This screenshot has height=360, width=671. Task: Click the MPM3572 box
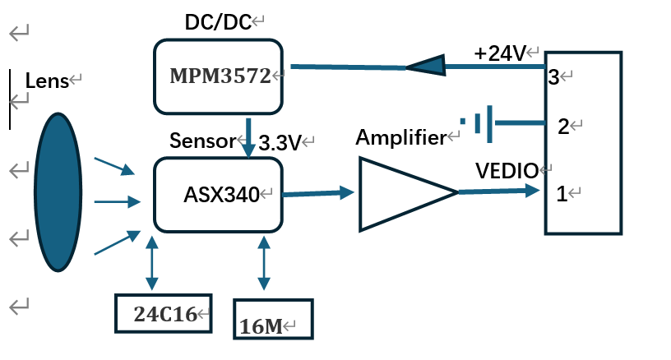[218, 76]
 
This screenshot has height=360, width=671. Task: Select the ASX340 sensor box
[218, 194]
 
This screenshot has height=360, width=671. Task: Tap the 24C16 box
[163, 313]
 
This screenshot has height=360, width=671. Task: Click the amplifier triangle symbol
[399, 193]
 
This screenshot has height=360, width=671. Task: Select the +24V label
[499, 53]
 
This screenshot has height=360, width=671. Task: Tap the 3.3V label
[280, 142]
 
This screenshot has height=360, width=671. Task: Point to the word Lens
[46, 81]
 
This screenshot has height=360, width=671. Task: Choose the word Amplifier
[400, 138]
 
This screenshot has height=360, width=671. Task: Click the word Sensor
[201, 140]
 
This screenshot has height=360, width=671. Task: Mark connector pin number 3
[553, 77]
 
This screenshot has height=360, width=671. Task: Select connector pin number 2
[562, 127]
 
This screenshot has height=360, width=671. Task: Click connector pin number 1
[562, 195]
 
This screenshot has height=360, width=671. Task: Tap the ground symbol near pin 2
[480, 122]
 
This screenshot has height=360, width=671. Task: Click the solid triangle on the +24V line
[426, 66]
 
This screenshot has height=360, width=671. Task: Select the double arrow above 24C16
[150, 263]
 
